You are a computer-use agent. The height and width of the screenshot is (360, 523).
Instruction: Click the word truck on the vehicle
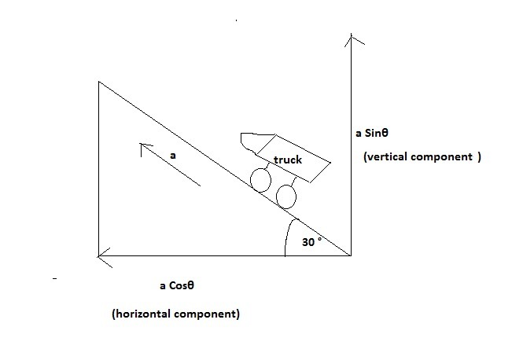point(287,160)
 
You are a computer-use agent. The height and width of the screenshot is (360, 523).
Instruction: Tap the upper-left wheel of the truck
point(260,180)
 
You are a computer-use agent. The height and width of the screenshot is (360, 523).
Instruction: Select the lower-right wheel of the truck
point(286,196)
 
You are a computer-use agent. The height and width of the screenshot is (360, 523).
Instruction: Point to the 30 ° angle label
point(312,242)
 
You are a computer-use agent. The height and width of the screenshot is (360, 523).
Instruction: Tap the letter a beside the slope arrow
point(173,156)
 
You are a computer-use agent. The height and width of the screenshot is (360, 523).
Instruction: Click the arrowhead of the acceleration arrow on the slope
point(144,147)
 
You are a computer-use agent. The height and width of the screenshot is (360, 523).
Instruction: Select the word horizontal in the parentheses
point(143,314)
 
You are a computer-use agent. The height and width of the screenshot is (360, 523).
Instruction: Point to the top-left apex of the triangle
point(98,81)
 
